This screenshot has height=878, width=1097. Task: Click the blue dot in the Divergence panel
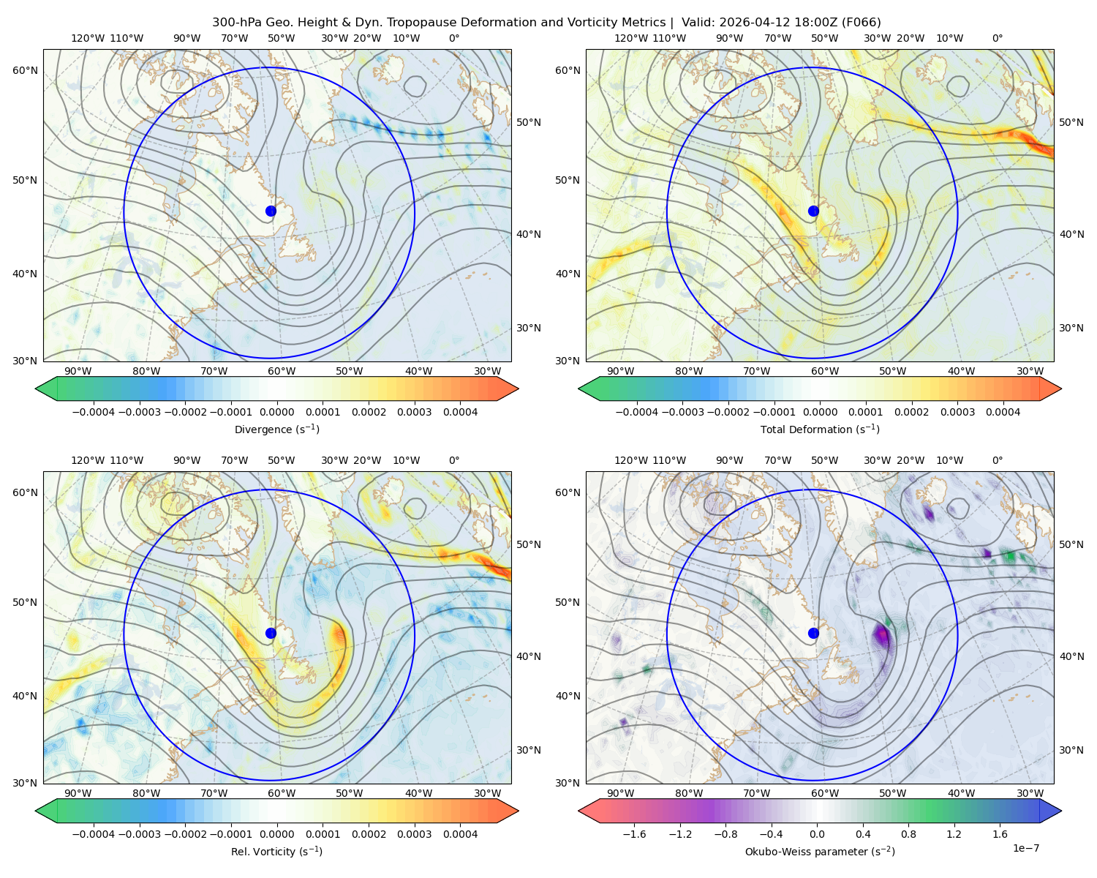271,211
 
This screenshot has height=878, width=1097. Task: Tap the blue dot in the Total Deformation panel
813,211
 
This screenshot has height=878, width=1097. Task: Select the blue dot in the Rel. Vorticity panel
271,633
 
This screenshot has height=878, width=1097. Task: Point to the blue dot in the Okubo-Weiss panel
813,633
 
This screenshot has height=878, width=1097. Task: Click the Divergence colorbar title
276,429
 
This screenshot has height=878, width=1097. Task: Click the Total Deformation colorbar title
820,429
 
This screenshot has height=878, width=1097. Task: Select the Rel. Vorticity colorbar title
276,852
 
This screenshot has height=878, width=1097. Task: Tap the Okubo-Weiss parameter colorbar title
820,852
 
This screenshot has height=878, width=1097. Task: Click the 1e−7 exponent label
1025,849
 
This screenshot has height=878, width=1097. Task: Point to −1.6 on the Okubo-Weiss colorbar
634,834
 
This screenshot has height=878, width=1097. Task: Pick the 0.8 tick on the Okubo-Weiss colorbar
908,834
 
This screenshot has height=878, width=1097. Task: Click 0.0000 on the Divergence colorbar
276,412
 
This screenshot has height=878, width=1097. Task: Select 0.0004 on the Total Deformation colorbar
1003,412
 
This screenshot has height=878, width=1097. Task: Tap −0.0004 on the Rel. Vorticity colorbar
94,834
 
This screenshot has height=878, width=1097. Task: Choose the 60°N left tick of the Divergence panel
25,70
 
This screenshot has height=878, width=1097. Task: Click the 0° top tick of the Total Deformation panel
998,38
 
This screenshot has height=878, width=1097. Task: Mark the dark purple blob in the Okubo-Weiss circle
881,636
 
